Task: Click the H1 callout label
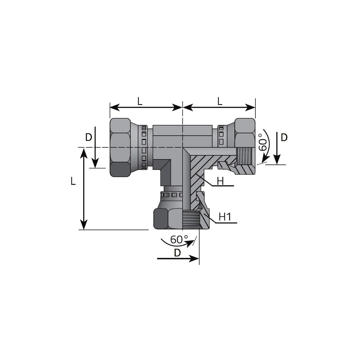tap(225, 217)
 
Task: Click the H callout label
tap(220, 181)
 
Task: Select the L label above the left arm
tap(140, 101)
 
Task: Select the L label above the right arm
tap(220, 101)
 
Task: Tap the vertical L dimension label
tap(73, 181)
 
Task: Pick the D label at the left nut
tap(89, 137)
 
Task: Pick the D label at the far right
tap(284, 138)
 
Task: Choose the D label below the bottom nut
tap(177, 253)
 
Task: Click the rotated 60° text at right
tap(263, 142)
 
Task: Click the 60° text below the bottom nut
tap(179, 239)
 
